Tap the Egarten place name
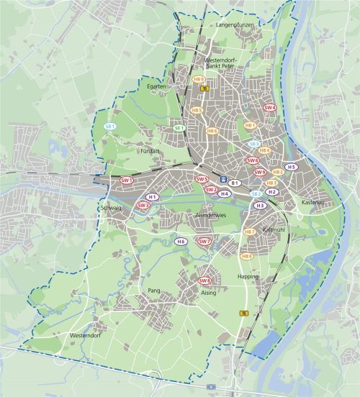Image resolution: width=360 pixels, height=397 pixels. pos(157,86)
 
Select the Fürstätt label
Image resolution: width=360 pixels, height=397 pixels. pos(149,152)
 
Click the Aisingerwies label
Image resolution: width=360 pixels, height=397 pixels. pos(211,215)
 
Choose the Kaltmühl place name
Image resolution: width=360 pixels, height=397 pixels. pos(275,229)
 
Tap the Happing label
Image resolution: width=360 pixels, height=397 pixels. pos(247,275)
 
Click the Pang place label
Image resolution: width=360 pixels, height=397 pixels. pos(153,290)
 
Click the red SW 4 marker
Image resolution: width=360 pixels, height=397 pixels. pos(270,107)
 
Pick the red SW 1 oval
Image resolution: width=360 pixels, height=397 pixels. pos(127,181)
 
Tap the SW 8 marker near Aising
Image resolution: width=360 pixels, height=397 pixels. pos(205,280)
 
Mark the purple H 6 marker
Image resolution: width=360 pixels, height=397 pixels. pos(181,241)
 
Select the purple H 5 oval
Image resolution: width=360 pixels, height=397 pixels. pos(291,167)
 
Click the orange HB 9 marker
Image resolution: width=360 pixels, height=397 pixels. pos(199,80)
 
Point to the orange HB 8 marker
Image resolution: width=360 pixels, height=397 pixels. pos(247,256)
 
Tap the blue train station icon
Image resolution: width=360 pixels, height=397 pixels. pos(223,180)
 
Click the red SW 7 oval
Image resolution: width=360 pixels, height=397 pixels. pos(204,241)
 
